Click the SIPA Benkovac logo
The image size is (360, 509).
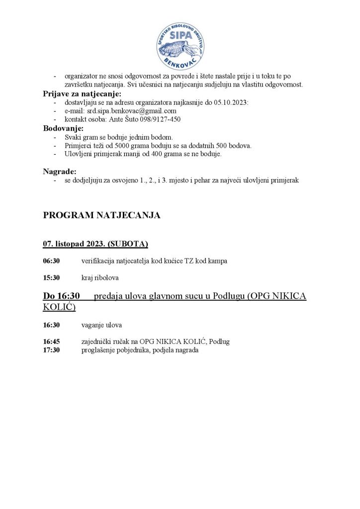pyautogui.click(x=180, y=45)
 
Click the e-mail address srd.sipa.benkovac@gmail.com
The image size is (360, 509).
pyautogui.click(x=132, y=111)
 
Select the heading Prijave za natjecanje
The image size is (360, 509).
pyautogui.click(x=82, y=94)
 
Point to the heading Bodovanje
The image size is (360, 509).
pyautogui.click(x=63, y=128)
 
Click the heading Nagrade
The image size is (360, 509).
pyautogui.click(x=60, y=171)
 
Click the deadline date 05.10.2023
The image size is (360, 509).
pyautogui.click(x=233, y=102)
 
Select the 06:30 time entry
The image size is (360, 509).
pyautogui.click(x=51, y=260)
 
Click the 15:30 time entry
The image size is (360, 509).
pyautogui.click(x=51, y=277)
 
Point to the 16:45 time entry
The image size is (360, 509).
pyautogui.click(x=51, y=342)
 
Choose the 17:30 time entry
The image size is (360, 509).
pyautogui.click(x=51, y=350)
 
